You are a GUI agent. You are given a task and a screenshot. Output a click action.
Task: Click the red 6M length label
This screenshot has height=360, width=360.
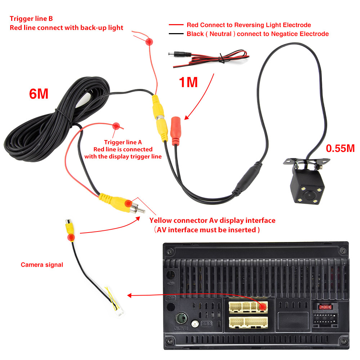39,94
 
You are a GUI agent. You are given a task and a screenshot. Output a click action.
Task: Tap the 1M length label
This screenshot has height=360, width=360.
188,82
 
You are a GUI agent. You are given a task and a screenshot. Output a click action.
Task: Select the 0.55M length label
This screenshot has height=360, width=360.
340,148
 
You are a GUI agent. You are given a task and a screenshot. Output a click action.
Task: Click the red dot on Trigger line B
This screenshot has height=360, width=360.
148,42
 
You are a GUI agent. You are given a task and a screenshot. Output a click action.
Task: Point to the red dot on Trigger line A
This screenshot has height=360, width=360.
116,126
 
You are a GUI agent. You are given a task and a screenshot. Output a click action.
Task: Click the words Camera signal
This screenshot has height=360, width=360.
42,265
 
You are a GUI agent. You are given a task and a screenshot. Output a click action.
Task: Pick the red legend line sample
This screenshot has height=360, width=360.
176,25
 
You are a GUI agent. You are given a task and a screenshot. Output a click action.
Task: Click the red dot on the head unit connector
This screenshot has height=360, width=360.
263,306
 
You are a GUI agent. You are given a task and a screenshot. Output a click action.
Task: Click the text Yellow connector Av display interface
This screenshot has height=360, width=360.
212,220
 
